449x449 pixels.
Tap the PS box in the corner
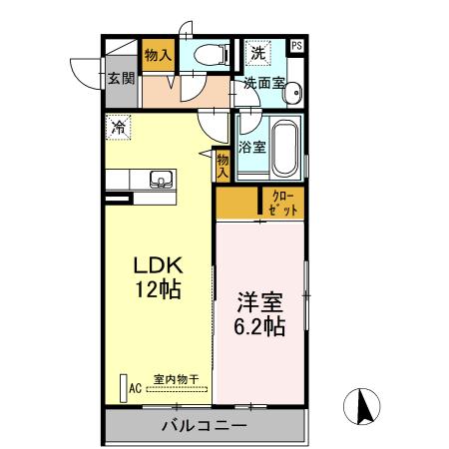pyautogui.click(x=297, y=46)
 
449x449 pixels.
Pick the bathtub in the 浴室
pyautogui.click(x=285, y=147)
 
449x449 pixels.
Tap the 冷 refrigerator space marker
pyautogui.click(x=118, y=127)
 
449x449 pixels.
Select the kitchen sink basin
pyautogui.click(x=160, y=180)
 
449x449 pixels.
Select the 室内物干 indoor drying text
pyautogui.click(x=176, y=379)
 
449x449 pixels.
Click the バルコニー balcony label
pyautogui.click(x=204, y=426)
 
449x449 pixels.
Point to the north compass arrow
pyautogui.click(x=363, y=407)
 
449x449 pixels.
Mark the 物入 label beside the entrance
pyautogui.click(x=157, y=55)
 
